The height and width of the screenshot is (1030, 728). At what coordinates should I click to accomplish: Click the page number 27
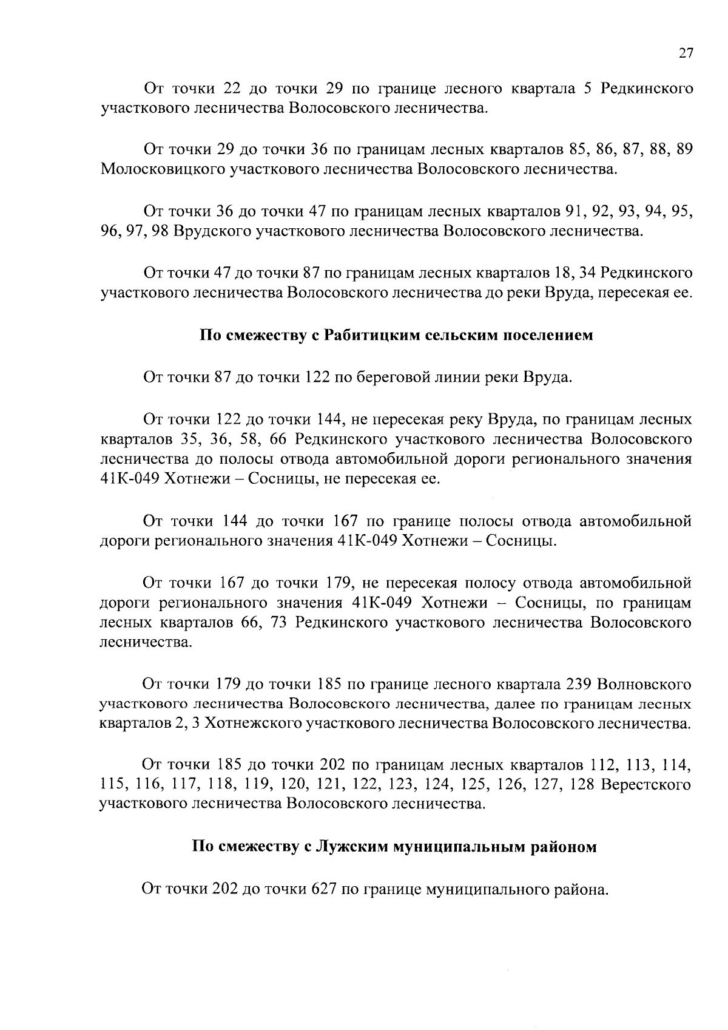click(x=685, y=53)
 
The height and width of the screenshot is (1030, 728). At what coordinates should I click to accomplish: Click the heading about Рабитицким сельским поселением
click(x=396, y=335)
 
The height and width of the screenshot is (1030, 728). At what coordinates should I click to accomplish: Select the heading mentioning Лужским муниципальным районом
click(x=394, y=847)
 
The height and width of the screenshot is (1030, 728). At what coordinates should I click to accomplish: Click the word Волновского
click(x=644, y=685)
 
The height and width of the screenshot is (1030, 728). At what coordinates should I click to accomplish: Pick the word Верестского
click(x=646, y=785)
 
